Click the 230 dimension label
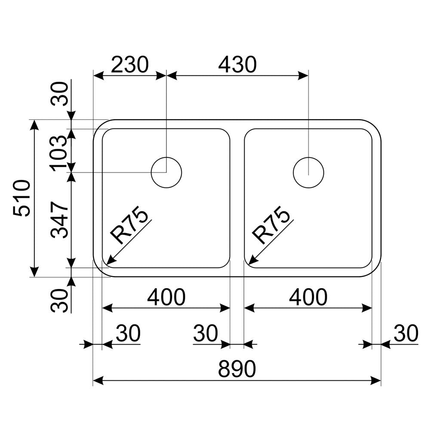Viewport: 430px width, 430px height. [x=129, y=65]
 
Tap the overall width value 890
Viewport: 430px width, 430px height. [x=237, y=369]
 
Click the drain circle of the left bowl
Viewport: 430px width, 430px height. [x=166, y=172]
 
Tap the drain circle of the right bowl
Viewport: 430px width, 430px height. [x=308, y=172]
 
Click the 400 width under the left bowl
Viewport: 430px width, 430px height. [x=166, y=297]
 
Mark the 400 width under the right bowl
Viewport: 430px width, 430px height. [x=308, y=297]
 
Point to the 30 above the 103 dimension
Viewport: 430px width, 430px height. [x=59, y=93]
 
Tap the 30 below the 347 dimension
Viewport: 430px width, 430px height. [x=59, y=300]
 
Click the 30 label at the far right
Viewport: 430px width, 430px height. [x=405, y=334]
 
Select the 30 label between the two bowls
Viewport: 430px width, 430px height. [x=205, y=334]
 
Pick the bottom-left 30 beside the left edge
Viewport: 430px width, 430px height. [x=128, y=334]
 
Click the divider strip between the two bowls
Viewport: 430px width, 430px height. [x=237, y=198]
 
